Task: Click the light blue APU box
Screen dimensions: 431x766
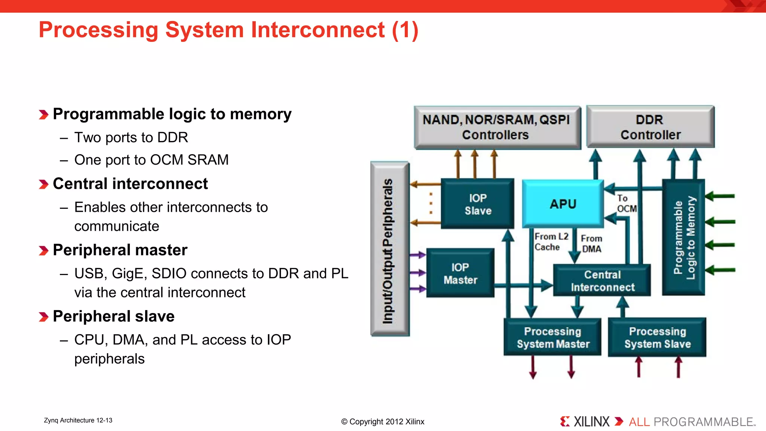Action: (563, 204)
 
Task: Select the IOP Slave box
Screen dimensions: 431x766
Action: (478, 204)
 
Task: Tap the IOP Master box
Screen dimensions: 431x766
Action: (460, 273)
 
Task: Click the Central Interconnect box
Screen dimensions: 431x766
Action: (602, 281)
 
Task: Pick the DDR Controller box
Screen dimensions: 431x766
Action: (650, 127)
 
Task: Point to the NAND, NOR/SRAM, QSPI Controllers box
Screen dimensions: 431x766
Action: (497, 127)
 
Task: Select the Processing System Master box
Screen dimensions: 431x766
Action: (552, 337)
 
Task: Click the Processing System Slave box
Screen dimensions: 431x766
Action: (657, 337)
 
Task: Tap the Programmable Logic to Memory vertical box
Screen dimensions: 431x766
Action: (684, 238)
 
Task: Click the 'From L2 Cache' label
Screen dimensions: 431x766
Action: (551, 242)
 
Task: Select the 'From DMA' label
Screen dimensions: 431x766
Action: (591, 244)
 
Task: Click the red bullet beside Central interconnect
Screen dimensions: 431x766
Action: (43, 184)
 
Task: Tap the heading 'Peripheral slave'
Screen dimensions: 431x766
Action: (114, 316)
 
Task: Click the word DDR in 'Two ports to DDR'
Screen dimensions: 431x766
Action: (172, 138)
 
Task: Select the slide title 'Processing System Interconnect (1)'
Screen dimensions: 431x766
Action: (229, 30)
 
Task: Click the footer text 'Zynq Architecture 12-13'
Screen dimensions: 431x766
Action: (78, 420)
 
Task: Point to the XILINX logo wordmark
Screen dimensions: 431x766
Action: (591, 422)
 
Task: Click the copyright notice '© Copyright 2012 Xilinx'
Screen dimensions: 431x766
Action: (383, 422)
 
